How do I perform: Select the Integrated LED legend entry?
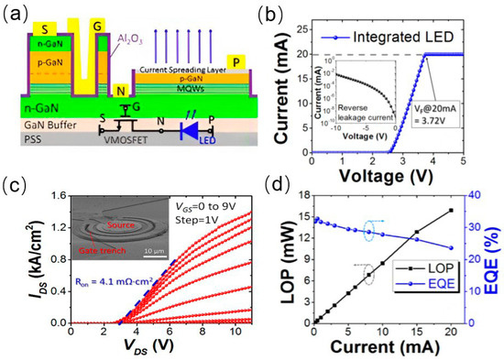[x=411, y=37]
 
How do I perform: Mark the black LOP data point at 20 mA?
[x=451, y=210]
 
